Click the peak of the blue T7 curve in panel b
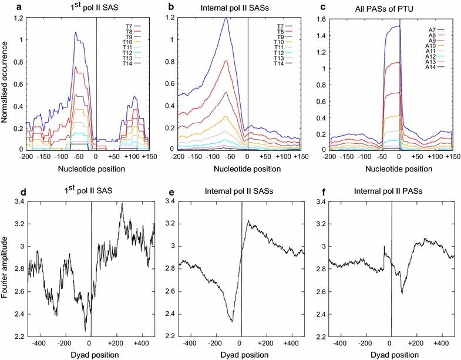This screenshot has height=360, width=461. [226, 18]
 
